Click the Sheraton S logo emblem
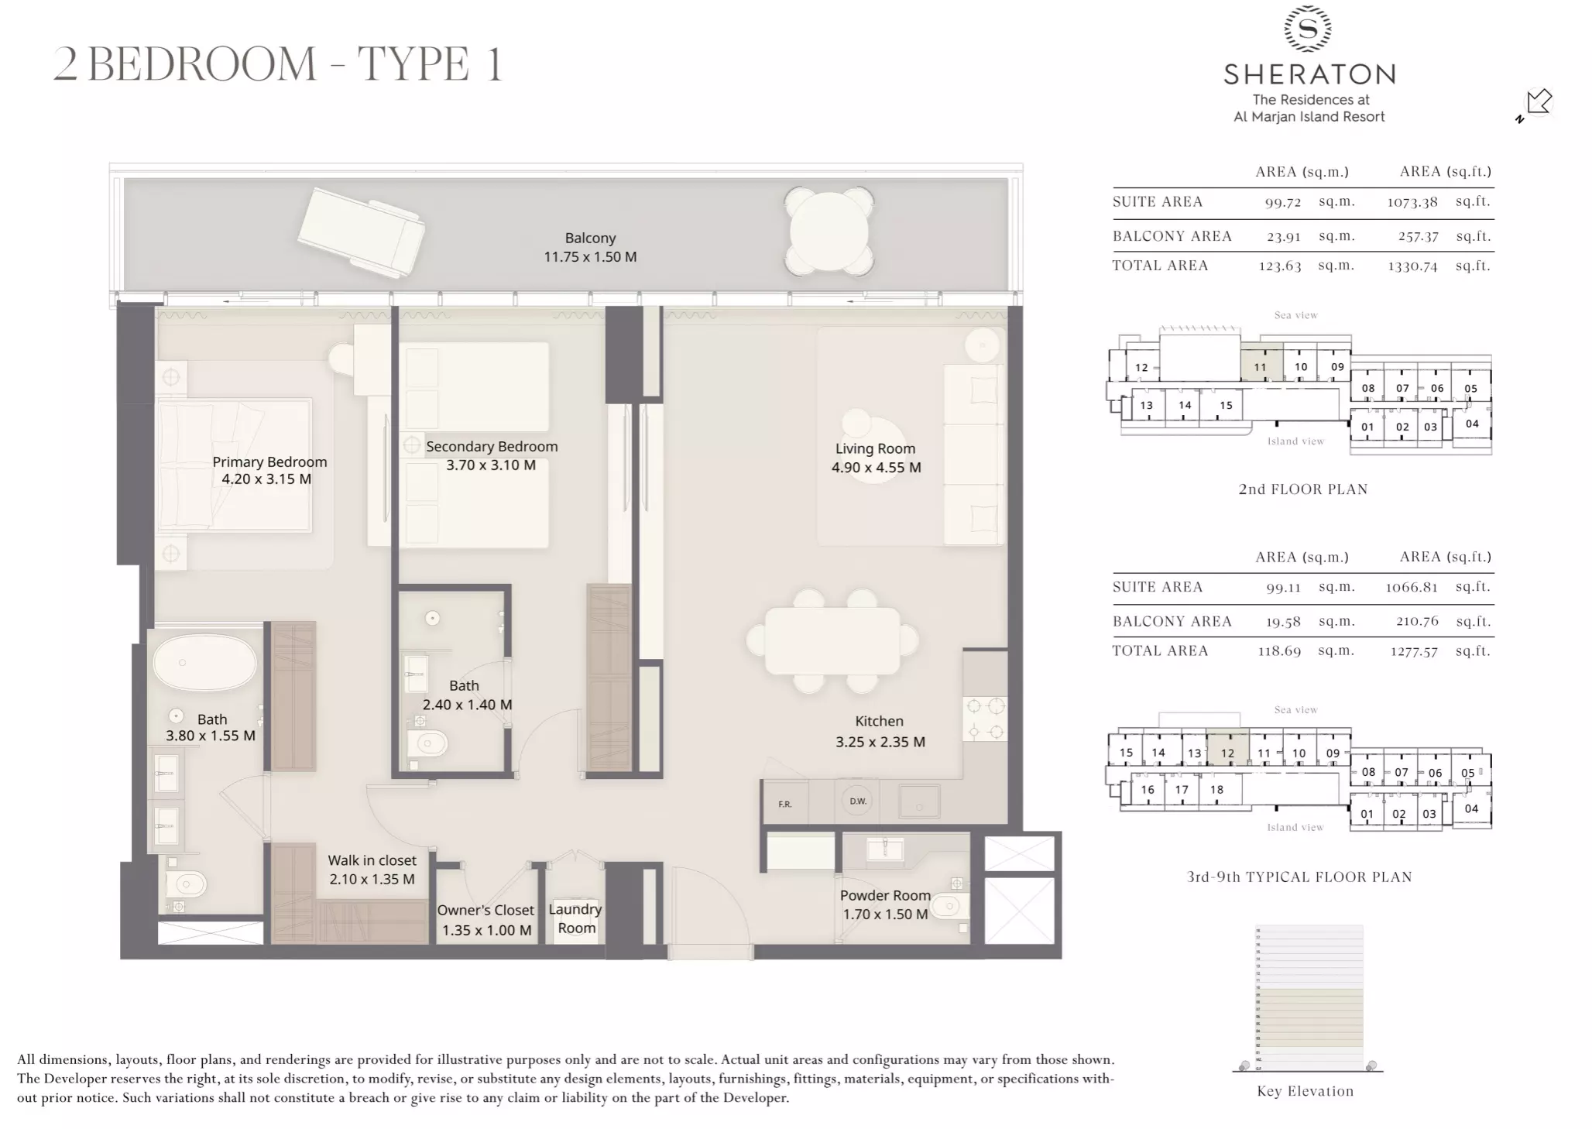pos(1308,29)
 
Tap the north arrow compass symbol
pos(1537,104)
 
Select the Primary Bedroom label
pos(269,462)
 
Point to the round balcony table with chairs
pos(829,231)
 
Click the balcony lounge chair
pos(362,232)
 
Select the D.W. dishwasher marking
pos(858,801)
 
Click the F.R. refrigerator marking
pos(785,805)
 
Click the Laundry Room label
pos(575,918)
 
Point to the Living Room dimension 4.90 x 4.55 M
pos(876,468)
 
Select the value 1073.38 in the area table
pos(1412,203)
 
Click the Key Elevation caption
pos(1305,1091)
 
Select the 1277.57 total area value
pos(1413,652)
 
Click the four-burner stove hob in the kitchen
pos(985,719)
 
